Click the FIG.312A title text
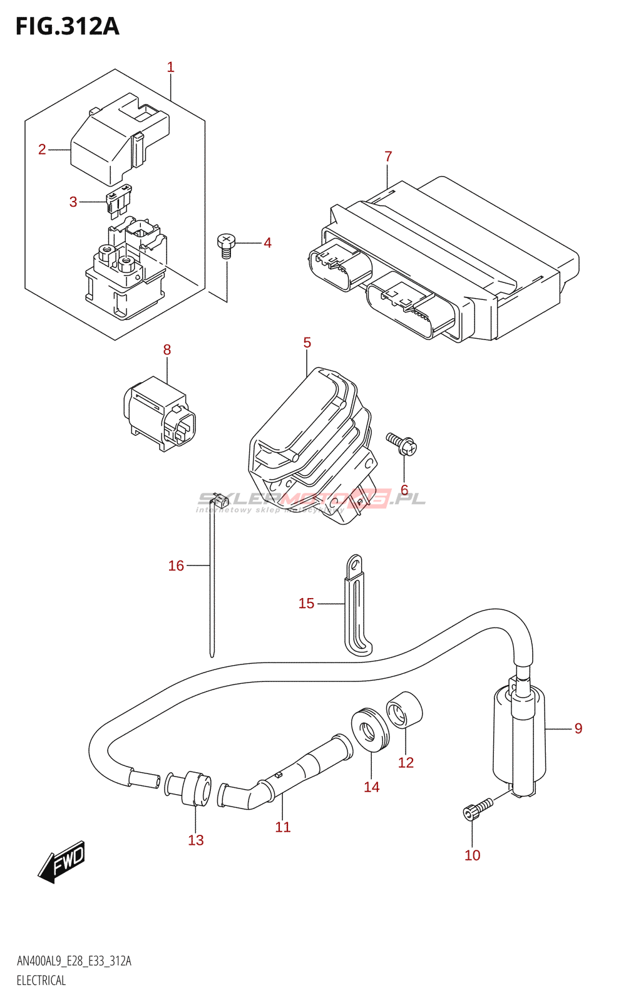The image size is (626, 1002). point(67,26)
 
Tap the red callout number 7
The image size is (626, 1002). point(388,157)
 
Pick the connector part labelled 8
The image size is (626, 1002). point(160,413)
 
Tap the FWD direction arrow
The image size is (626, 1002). point(61,862)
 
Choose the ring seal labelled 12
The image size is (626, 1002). point(404,711)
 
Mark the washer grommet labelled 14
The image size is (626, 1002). point(370,729)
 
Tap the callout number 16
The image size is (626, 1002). point(176,566)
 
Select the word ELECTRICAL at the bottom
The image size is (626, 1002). point(41,981)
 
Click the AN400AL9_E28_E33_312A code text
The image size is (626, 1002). point(74,961)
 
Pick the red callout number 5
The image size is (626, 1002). point(307,343)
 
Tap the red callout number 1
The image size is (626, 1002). point(170,67)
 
